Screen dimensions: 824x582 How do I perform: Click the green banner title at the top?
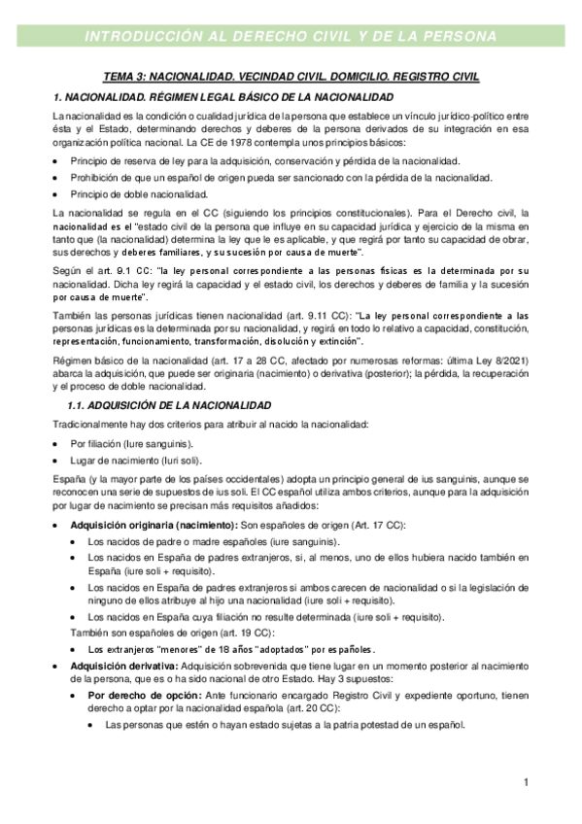coord(291,37)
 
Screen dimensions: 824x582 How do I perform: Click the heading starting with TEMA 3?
coord(291,77)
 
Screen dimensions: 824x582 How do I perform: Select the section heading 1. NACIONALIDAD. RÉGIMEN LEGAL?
coord(223,97)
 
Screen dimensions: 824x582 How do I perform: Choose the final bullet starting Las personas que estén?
coord(285,725)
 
